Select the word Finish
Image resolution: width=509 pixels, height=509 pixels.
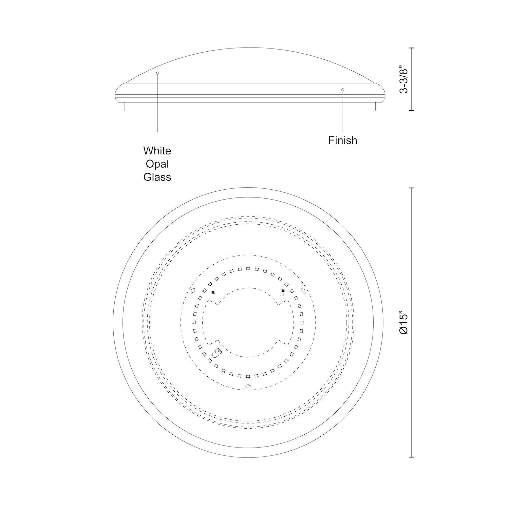tap(343, 140)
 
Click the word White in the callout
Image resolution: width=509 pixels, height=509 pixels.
tap(157, 151)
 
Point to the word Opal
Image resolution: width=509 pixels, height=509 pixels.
tap(157, 164)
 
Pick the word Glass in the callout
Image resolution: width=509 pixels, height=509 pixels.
tap(157, 177)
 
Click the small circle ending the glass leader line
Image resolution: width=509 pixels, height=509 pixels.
tap(157, 73)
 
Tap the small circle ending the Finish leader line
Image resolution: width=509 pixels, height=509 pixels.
tap(343, 90)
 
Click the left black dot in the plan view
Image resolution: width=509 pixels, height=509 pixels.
tap(213, 292)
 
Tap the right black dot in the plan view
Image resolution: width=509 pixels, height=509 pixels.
tap(283, 290)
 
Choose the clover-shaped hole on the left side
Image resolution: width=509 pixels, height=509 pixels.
tap(192, 290)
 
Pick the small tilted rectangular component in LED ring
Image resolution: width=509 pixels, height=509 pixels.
tap(216, 352)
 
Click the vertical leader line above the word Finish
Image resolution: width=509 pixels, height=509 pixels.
tap(343, 112)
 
